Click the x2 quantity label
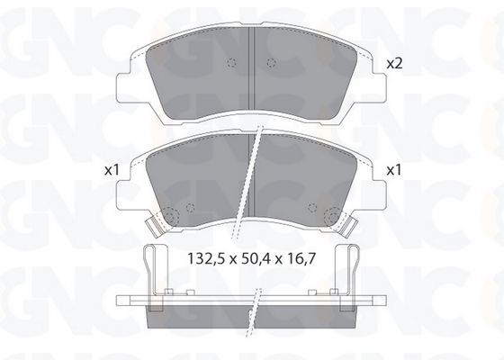(394, 64)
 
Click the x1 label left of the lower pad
(112, 170)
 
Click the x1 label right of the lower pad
(394, 170)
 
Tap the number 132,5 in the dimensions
(205, 259)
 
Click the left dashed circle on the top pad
(231, 63)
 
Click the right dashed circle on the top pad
(271, 63)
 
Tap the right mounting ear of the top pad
(379, 86)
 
